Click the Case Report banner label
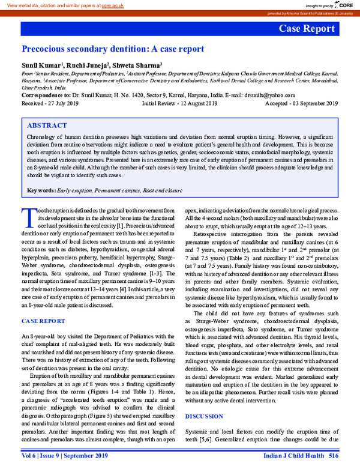tap(306, 29)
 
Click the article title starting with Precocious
tap(113, 49)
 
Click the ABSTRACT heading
tap(47, 126)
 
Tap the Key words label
tap(41, 191)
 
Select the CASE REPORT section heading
tap(43, 321)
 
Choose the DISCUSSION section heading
tap(203, 399)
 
